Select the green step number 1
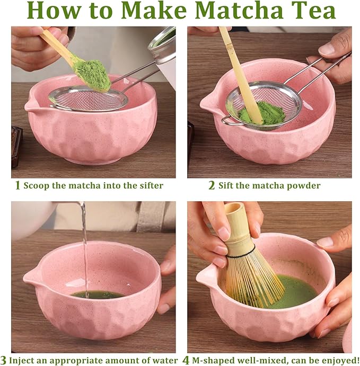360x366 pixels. click(17, 185)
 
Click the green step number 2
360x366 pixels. click(212, 185)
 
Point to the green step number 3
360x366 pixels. click(4, 360)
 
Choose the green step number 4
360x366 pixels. click(186, 360)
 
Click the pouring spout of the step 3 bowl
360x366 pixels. click(30, 277)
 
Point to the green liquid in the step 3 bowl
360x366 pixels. click(98, 294)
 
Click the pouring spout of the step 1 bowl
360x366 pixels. click(31, 105)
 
